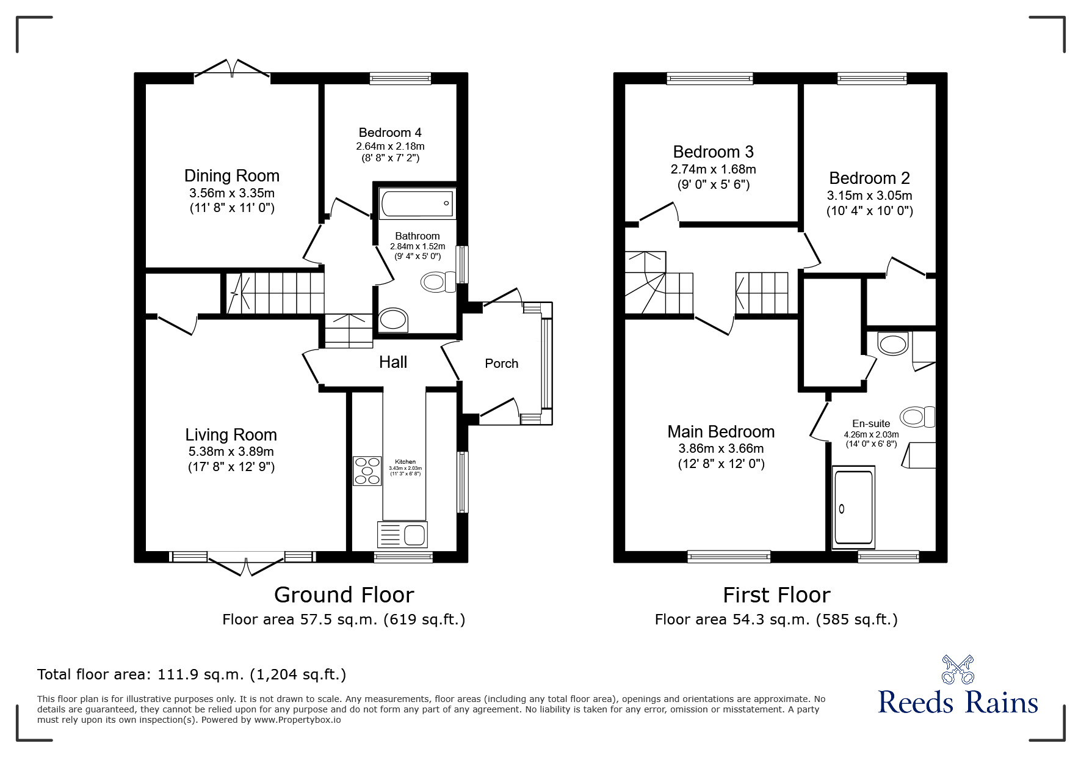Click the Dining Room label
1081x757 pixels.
click(232, 176)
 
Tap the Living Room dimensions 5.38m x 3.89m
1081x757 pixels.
click(231, 452)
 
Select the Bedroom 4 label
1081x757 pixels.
click(390, 133)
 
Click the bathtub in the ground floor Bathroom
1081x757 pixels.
click(418, 203)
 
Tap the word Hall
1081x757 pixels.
click(392, 362)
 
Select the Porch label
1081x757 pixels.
click(501, 364)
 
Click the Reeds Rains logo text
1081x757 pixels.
click(958, 703)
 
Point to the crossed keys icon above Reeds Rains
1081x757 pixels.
click(958, 668)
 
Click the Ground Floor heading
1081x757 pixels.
click(344, 594)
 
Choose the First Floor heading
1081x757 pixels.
click(776, 594)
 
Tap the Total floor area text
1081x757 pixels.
click(192, 675)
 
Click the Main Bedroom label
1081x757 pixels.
click(721, 432)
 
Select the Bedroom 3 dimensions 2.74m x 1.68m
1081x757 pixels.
click(713, 169)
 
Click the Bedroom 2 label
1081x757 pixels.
click(869, 178)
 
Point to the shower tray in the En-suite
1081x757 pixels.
click(853, 507)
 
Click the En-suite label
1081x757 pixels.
click(871, 423)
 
